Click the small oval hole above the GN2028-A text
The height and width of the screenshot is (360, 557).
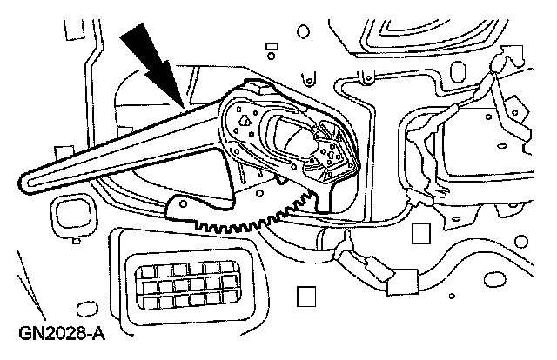pyautogui.click(x=84, y=308)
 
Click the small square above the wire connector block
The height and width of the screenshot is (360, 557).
pyautogui.click(x=422, y=232)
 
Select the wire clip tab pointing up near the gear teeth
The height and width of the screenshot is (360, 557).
pyautogui.click(x=346, y=239)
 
